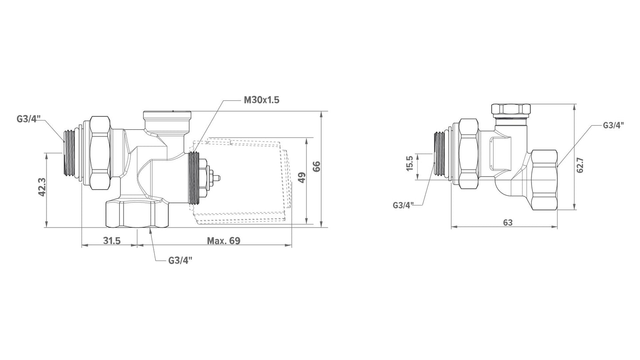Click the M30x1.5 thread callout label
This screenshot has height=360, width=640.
(261, 100)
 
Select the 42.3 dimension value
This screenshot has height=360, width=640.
(42, 187)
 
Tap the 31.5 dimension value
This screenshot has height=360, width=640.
(112, 241)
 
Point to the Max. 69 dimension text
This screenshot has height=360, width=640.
(224, 241)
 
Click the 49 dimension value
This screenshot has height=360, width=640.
(302, 178)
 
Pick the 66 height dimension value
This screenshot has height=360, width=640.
(317, 166)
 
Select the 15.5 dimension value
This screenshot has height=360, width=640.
(409, 163)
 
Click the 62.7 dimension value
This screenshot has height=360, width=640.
(580, 166)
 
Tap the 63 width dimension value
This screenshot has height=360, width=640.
(508, 222)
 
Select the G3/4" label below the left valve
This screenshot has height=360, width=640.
(180, 260)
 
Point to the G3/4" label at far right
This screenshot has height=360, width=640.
(613, 125)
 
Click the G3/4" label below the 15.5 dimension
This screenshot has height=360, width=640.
(403, 205)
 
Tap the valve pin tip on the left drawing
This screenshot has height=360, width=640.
(220, 178)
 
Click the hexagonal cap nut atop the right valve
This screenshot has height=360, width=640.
(511, 109)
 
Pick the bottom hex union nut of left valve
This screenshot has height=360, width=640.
(137, 214)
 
